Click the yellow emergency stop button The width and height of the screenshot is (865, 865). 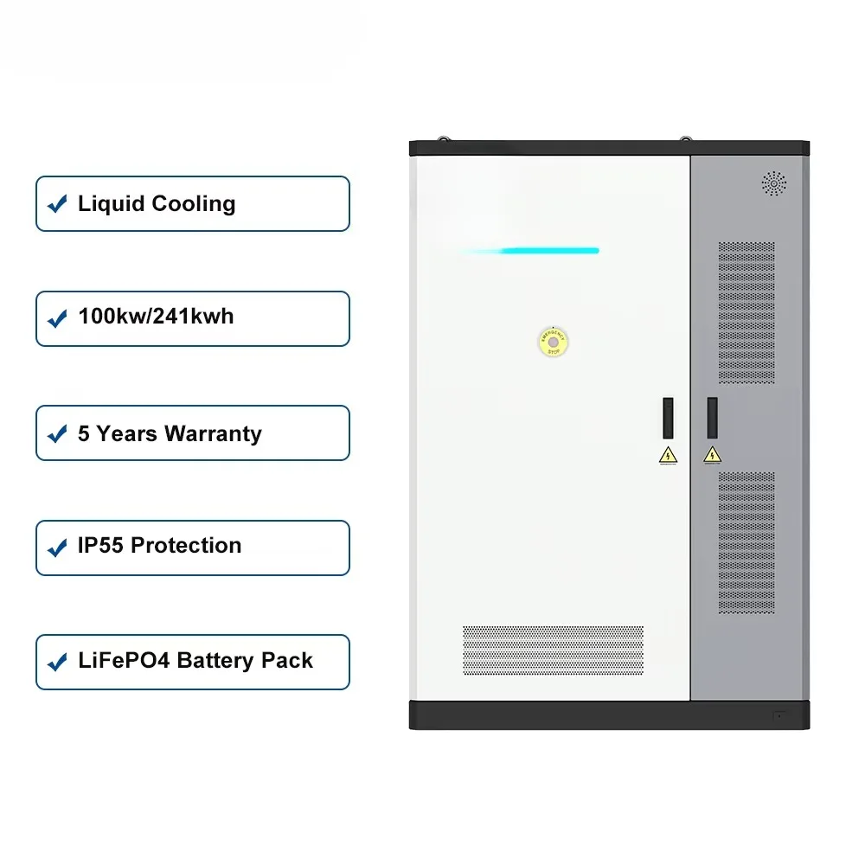coord(552,341)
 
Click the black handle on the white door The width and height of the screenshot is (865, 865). coord(668,417)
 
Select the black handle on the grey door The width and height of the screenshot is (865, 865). coord(712,417)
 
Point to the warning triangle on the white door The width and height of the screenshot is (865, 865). coord(668,455)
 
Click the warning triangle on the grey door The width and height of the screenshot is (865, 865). coord(712,455)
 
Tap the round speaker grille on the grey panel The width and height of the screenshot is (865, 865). coord(773,183)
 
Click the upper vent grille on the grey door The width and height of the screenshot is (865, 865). coord(746,312)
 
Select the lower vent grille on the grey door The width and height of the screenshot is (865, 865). coord(746,542)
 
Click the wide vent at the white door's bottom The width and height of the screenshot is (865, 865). coord(553,651)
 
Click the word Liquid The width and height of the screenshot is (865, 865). coord(112,204)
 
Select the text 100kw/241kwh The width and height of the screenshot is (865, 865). coord(156,317)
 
